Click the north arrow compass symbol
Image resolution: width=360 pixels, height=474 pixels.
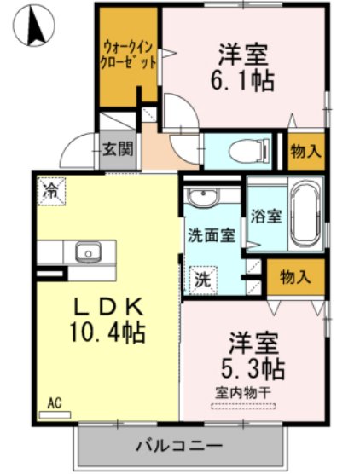(x=34, y=25)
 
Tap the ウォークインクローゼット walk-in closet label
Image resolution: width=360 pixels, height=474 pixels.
(x=128, y=55)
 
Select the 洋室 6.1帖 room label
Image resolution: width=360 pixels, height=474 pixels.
(x=242, y=67)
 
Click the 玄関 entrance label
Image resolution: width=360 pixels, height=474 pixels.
(x=118, y=148)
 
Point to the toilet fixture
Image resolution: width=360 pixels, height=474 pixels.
(x=249, y=151)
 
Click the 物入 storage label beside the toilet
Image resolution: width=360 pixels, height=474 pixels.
(x=306, y=151)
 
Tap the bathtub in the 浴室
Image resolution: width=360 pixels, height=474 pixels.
(x=305, y=213)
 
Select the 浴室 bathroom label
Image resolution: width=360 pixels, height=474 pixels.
(x=266, y=216)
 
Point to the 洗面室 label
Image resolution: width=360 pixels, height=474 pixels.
(x=212, y=235)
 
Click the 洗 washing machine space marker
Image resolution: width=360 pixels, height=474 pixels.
(x=203, y=280)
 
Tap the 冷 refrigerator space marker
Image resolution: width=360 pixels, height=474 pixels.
(x=51, y=191)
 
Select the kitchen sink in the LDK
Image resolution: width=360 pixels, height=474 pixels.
(x=89, y=252)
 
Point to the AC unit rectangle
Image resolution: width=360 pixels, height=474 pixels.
(x=55, y=414)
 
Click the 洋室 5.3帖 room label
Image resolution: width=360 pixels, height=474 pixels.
(x=253, y=356)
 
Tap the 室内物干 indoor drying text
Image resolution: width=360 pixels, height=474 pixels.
(x=243, y=393)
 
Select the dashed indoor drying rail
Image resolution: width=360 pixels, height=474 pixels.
(x=243, y=406)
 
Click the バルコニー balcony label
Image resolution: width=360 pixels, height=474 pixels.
(x=179, y=446)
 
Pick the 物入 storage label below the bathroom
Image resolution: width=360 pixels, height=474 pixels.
(x=295, y=276)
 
